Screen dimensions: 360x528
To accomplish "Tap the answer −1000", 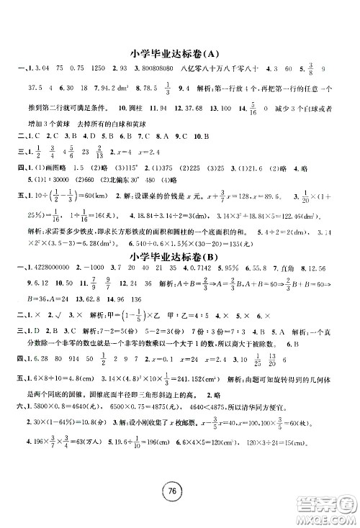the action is click(89, 270).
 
